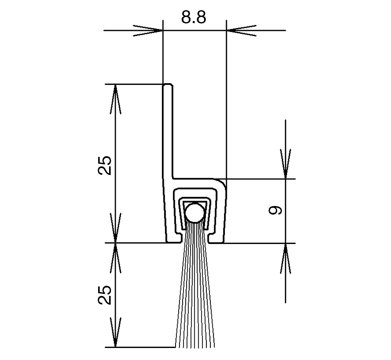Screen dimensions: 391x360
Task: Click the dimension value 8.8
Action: pos(194,17)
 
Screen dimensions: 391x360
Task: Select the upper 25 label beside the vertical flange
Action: pos(105,165)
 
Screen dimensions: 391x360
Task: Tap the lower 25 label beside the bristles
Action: pos(105,295)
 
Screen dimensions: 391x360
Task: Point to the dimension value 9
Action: pos(275,210)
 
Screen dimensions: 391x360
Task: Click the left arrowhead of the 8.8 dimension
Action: pos(148,30)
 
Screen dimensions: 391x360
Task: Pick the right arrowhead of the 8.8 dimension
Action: pos(241,30)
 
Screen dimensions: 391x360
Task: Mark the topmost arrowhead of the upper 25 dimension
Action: pos(115,99)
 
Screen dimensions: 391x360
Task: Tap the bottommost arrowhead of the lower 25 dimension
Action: pos(115,332)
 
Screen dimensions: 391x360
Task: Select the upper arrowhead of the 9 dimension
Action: pos(285,164)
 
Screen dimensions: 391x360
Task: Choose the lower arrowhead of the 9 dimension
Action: pos(285,258)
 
